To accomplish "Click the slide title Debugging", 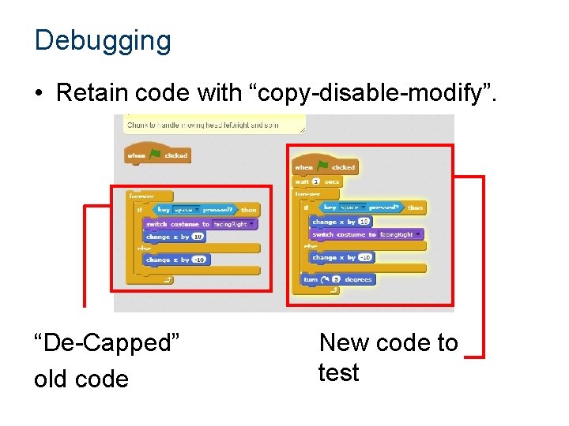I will [x=103, y=40].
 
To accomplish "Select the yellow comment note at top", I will [x=214, y=125].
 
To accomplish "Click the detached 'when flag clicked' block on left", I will [x=156, y=155].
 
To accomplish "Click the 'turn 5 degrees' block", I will [x=337, y=279].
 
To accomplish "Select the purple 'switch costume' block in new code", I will [x=367, y=234].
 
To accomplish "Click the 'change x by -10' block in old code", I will [x=176, y=260].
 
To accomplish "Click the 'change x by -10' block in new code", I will [x=342, y=257].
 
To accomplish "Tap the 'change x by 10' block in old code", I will [x=175, y=237].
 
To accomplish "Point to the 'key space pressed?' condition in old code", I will [x=194, y=210].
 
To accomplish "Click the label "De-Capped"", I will [x=107, y=343].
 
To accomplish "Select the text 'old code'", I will [x=81, y=379].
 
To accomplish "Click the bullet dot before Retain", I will [x=39, y=94].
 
